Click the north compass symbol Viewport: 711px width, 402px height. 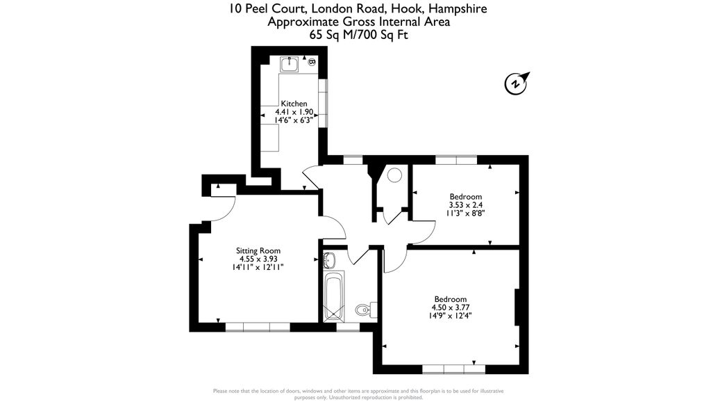tap(516, 83)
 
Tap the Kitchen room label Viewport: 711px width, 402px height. tap(294, 104)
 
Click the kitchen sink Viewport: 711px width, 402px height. tap(289, 65)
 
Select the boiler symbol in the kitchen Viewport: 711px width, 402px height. tap(312, 63)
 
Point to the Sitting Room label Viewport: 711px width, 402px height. tap(258, 250)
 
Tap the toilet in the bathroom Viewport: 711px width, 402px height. tap(363, 309)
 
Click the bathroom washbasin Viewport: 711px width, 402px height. tap(329, 261)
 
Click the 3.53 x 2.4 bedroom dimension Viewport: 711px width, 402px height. tap(465, 205)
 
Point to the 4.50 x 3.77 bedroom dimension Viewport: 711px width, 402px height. tap(451, 307)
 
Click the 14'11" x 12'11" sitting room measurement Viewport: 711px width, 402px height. tap(258, 267)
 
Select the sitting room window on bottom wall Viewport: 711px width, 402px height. tap(257, 326)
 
